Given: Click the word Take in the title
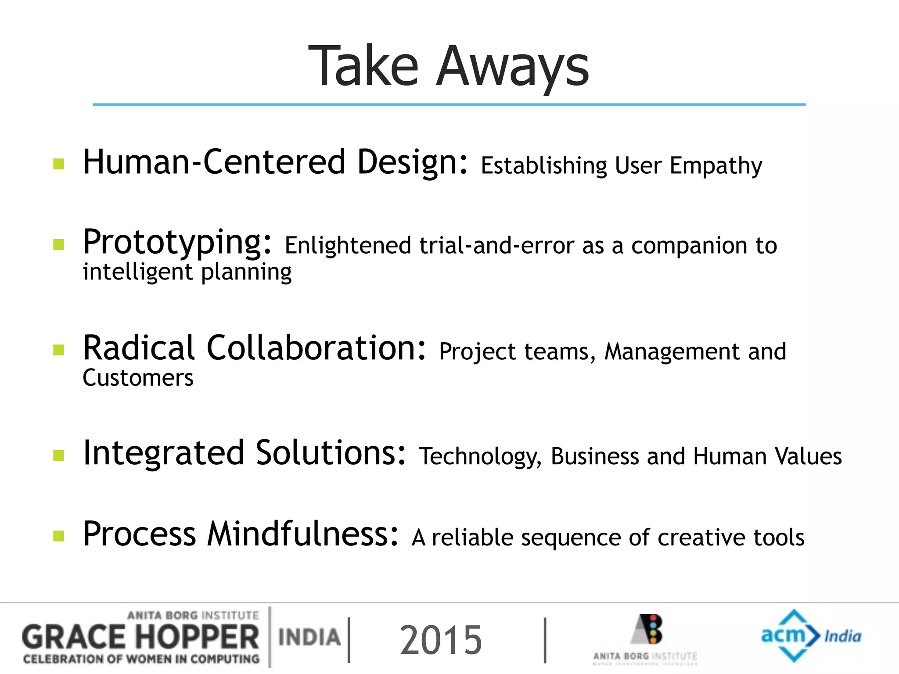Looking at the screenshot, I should (x=363, y=67).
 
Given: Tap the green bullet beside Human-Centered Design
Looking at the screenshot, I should (x=59, y=164).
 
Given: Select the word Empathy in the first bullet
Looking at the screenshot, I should (x=716, y=166).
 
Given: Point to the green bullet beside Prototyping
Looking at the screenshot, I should (x=59, y=244).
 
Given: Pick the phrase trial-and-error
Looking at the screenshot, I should (x=496, y=245).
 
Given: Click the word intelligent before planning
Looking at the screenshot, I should (x=138, y=272).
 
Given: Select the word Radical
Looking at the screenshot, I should (x=139, y=348).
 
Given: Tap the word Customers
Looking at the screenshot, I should (x=138, y=378).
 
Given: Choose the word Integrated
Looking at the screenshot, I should (x=163, y=453).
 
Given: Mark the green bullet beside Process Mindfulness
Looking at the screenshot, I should (x=59, y=536).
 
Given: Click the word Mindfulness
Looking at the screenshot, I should (x=303, y=534).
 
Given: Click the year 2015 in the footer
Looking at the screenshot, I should (x=441, y=640).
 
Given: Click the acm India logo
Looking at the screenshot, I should (x=810, y=636).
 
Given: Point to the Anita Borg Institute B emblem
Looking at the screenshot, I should (x=648, y=629).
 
